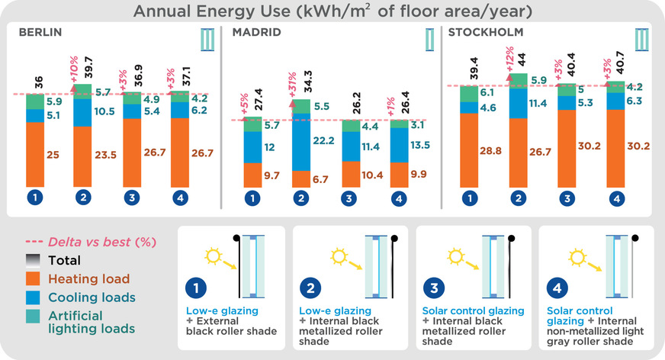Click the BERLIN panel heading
tap(40, 32)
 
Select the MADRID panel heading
tap(256, 32)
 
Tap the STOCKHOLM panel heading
tap(486, 32)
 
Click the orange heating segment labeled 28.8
tap(469, 150)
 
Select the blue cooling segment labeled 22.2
tap(301, 142)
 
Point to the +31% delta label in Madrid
tap(292, 85)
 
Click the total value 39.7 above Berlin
tap(88, 67)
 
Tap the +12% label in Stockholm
tap(509, 59)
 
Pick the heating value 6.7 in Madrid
tap(320, 179)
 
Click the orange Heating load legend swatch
tap(33, 278)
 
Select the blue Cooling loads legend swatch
tap(33, 297)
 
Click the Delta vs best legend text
tap(102, 242)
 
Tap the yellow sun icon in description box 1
tap(213, 256)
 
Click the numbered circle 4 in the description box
tap(557, 288)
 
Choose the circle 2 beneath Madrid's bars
tap(301, 198)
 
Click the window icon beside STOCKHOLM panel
tap(641, 40)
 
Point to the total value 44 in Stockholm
tap(522, 59)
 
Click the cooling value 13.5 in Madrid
tap(420, 145)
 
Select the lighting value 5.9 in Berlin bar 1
tap(54, 101)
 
